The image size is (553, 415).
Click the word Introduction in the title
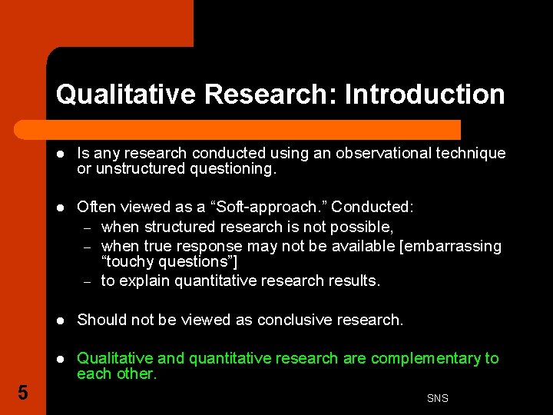click(425, 95)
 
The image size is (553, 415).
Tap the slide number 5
click(22, 393)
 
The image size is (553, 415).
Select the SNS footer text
click(437, 398)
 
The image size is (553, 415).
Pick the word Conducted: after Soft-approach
click(373, 207)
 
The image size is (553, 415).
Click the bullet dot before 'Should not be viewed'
click(60, 320)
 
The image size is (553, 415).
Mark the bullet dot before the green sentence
click(60, 358)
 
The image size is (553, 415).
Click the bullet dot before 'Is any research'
click(60, 153)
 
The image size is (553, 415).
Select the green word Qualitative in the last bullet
click(110, 358)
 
